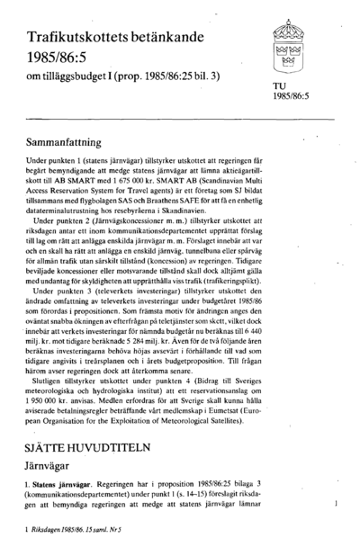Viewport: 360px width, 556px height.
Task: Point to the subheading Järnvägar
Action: [52, 466]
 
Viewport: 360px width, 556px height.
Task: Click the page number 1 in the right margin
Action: [336, 507]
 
